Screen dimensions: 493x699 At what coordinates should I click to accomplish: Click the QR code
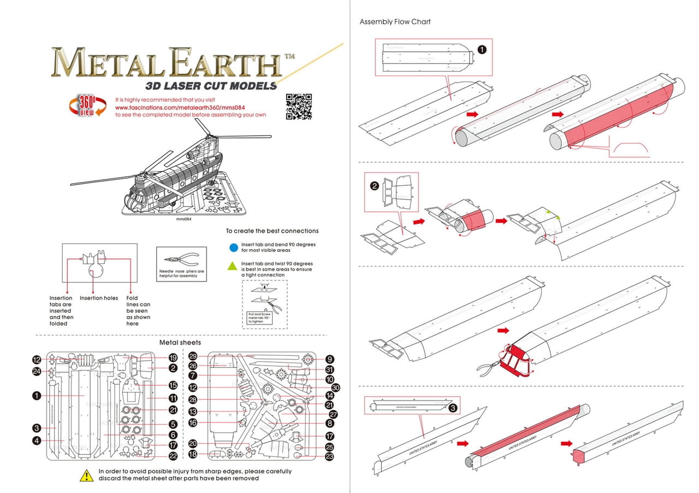click(299, 106)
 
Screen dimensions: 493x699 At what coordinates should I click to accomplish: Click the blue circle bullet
click(234, 248)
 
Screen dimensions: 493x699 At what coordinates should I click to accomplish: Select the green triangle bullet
click(234, 267)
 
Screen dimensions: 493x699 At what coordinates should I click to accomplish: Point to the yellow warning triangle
click(86, 476)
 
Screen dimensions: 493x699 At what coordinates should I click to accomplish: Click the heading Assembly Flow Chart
click(395, 22)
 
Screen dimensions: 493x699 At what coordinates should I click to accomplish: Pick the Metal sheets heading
click(180, 343)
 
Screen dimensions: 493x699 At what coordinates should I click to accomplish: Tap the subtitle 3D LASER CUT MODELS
click(211, 86)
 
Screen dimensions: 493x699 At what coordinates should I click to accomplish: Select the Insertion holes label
click(99, 298)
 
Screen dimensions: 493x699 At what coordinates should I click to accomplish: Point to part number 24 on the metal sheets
click(37, 372)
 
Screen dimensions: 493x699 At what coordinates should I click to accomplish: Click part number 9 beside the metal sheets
click(329, 360)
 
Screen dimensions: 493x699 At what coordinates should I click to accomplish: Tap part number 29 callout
click(193, 356)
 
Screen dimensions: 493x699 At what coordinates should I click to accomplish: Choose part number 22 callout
click(173, 456)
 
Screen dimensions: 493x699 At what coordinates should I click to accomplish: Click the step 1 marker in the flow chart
click(482, 49)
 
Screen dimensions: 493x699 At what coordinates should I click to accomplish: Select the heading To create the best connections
click(272, 231)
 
